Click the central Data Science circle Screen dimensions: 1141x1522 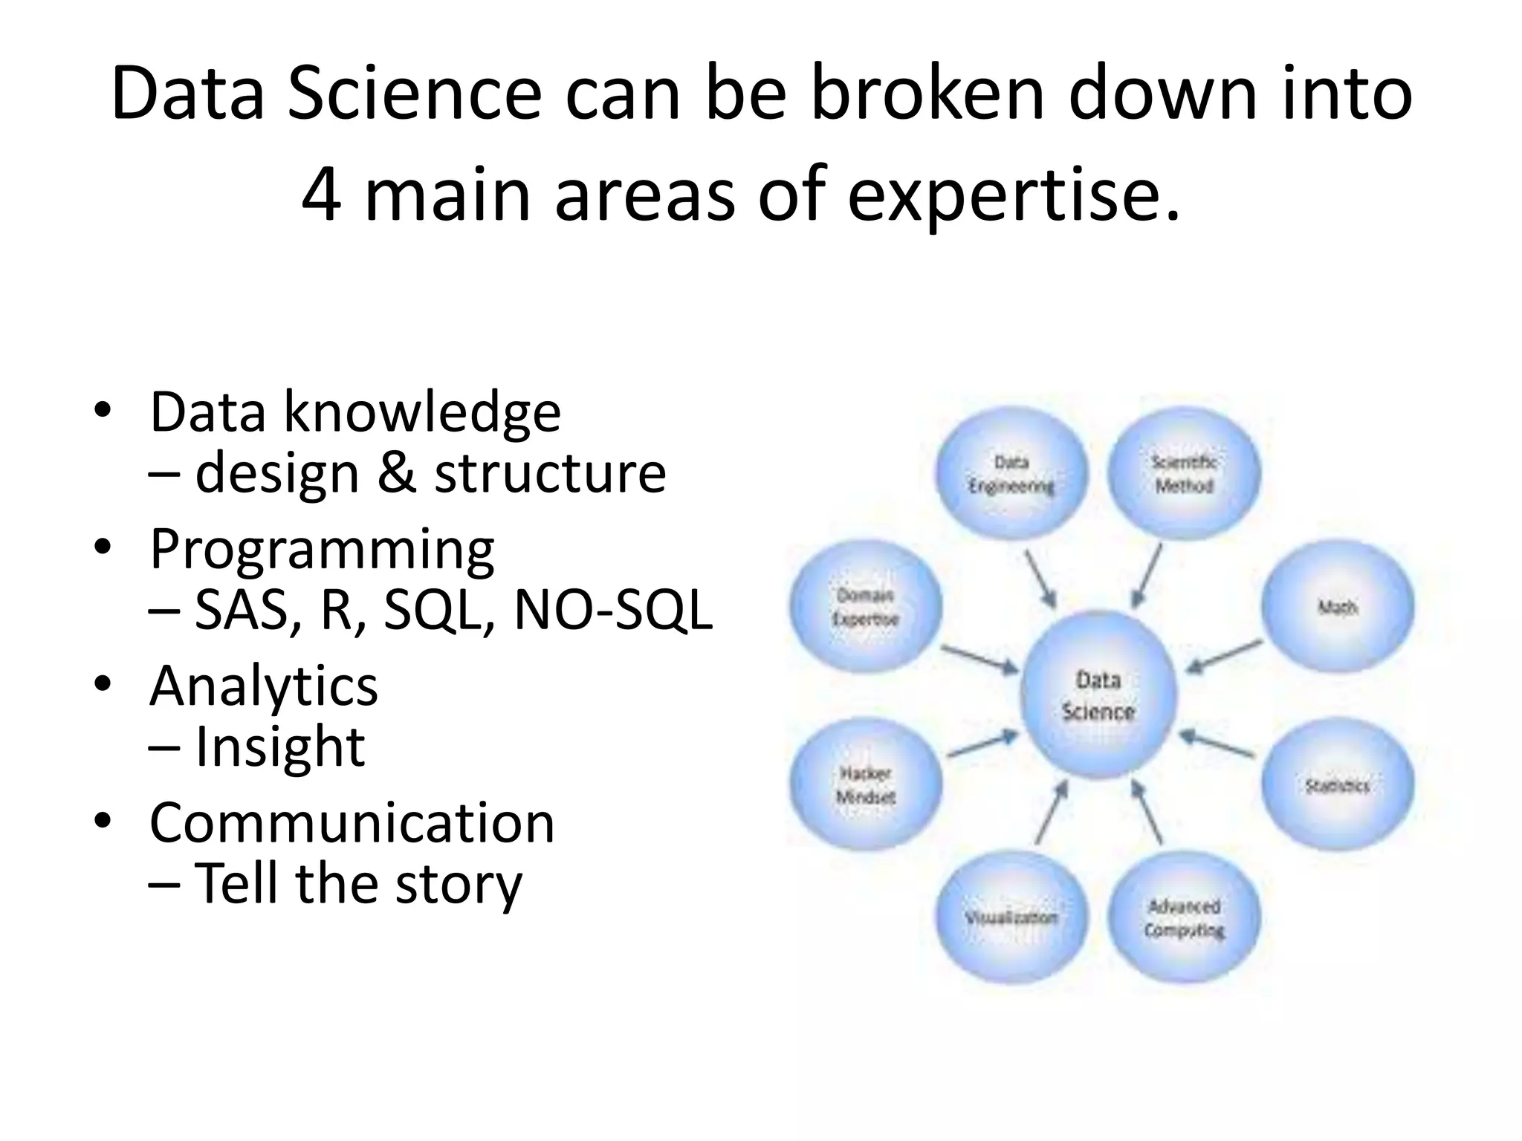pos(1098,696)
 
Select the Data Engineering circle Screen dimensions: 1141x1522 pos(1011,474)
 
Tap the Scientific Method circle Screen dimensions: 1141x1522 pos(1184,474)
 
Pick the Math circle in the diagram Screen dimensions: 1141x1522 pos(1338,608)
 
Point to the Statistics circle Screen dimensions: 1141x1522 pos(1338,784)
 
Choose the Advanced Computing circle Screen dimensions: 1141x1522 pos(1184,918)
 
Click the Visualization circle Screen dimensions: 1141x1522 pos(1011,918)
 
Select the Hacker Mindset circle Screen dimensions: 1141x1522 pos(866,784)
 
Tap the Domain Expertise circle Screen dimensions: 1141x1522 pos(866,608)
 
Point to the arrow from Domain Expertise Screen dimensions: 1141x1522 pos(979,658)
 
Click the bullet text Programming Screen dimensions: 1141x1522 pos(322,549)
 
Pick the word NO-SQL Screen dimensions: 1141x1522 pos(613,611)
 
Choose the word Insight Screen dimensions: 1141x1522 pos(279,747)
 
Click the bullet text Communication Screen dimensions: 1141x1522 pos(352,822)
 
